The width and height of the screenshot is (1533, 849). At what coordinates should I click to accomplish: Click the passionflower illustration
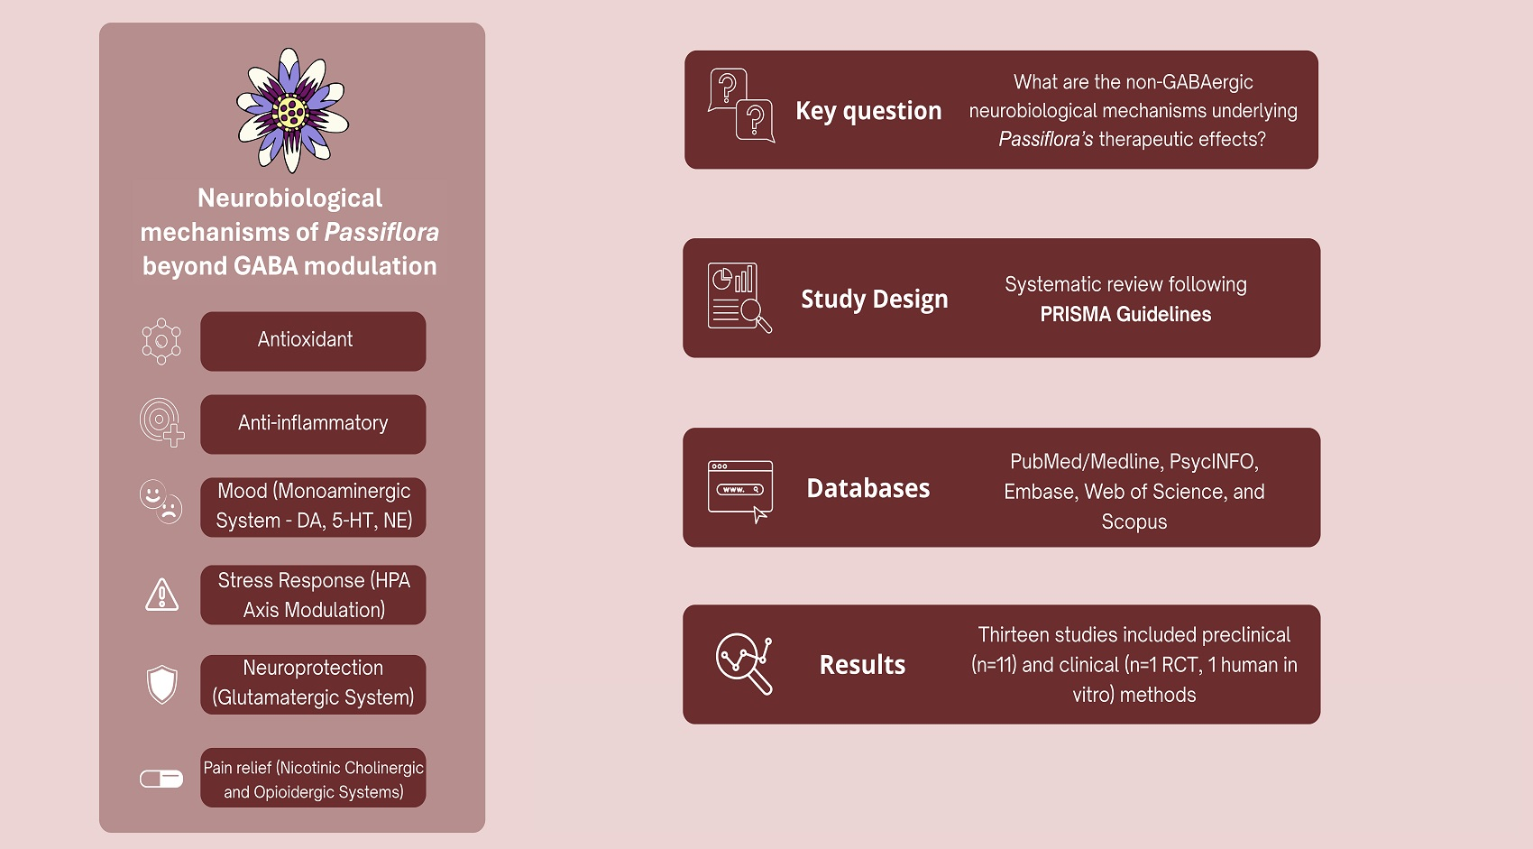click(x=292, y=109)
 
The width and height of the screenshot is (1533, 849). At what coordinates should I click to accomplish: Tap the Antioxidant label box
click(x=313, y=341)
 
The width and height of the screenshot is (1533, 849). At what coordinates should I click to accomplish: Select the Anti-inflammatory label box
click(x=313, y=424)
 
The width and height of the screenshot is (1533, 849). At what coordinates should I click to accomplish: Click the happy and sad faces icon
click(x=161, y=501)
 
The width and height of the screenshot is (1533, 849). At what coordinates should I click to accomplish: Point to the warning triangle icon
click(x=162, y=595)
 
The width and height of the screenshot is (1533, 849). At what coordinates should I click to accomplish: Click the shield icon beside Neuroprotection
click(x=162, y=684)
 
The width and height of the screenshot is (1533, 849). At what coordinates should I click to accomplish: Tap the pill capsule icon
click(x=161, y=779)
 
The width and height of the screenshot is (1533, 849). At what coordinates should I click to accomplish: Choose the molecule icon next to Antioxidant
click(x=161, y=341)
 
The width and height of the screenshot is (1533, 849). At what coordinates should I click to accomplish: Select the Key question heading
click(x=868, y=111)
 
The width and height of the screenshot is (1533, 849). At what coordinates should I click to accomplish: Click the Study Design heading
click(x=875, y=300)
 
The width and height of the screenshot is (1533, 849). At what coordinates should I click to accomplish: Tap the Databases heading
click(x=868, y=488)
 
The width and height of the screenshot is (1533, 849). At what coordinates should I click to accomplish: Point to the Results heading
click(x=862, y=665)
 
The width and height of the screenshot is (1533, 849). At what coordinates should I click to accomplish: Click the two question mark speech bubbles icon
click(x=741, y=106)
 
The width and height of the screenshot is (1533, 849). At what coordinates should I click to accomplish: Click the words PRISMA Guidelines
click(x=1125, y=314)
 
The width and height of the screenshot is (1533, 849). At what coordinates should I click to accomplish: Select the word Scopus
click(x=1134, y=521)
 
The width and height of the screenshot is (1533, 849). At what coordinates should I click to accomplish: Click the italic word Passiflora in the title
click(x=381, y=232)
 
